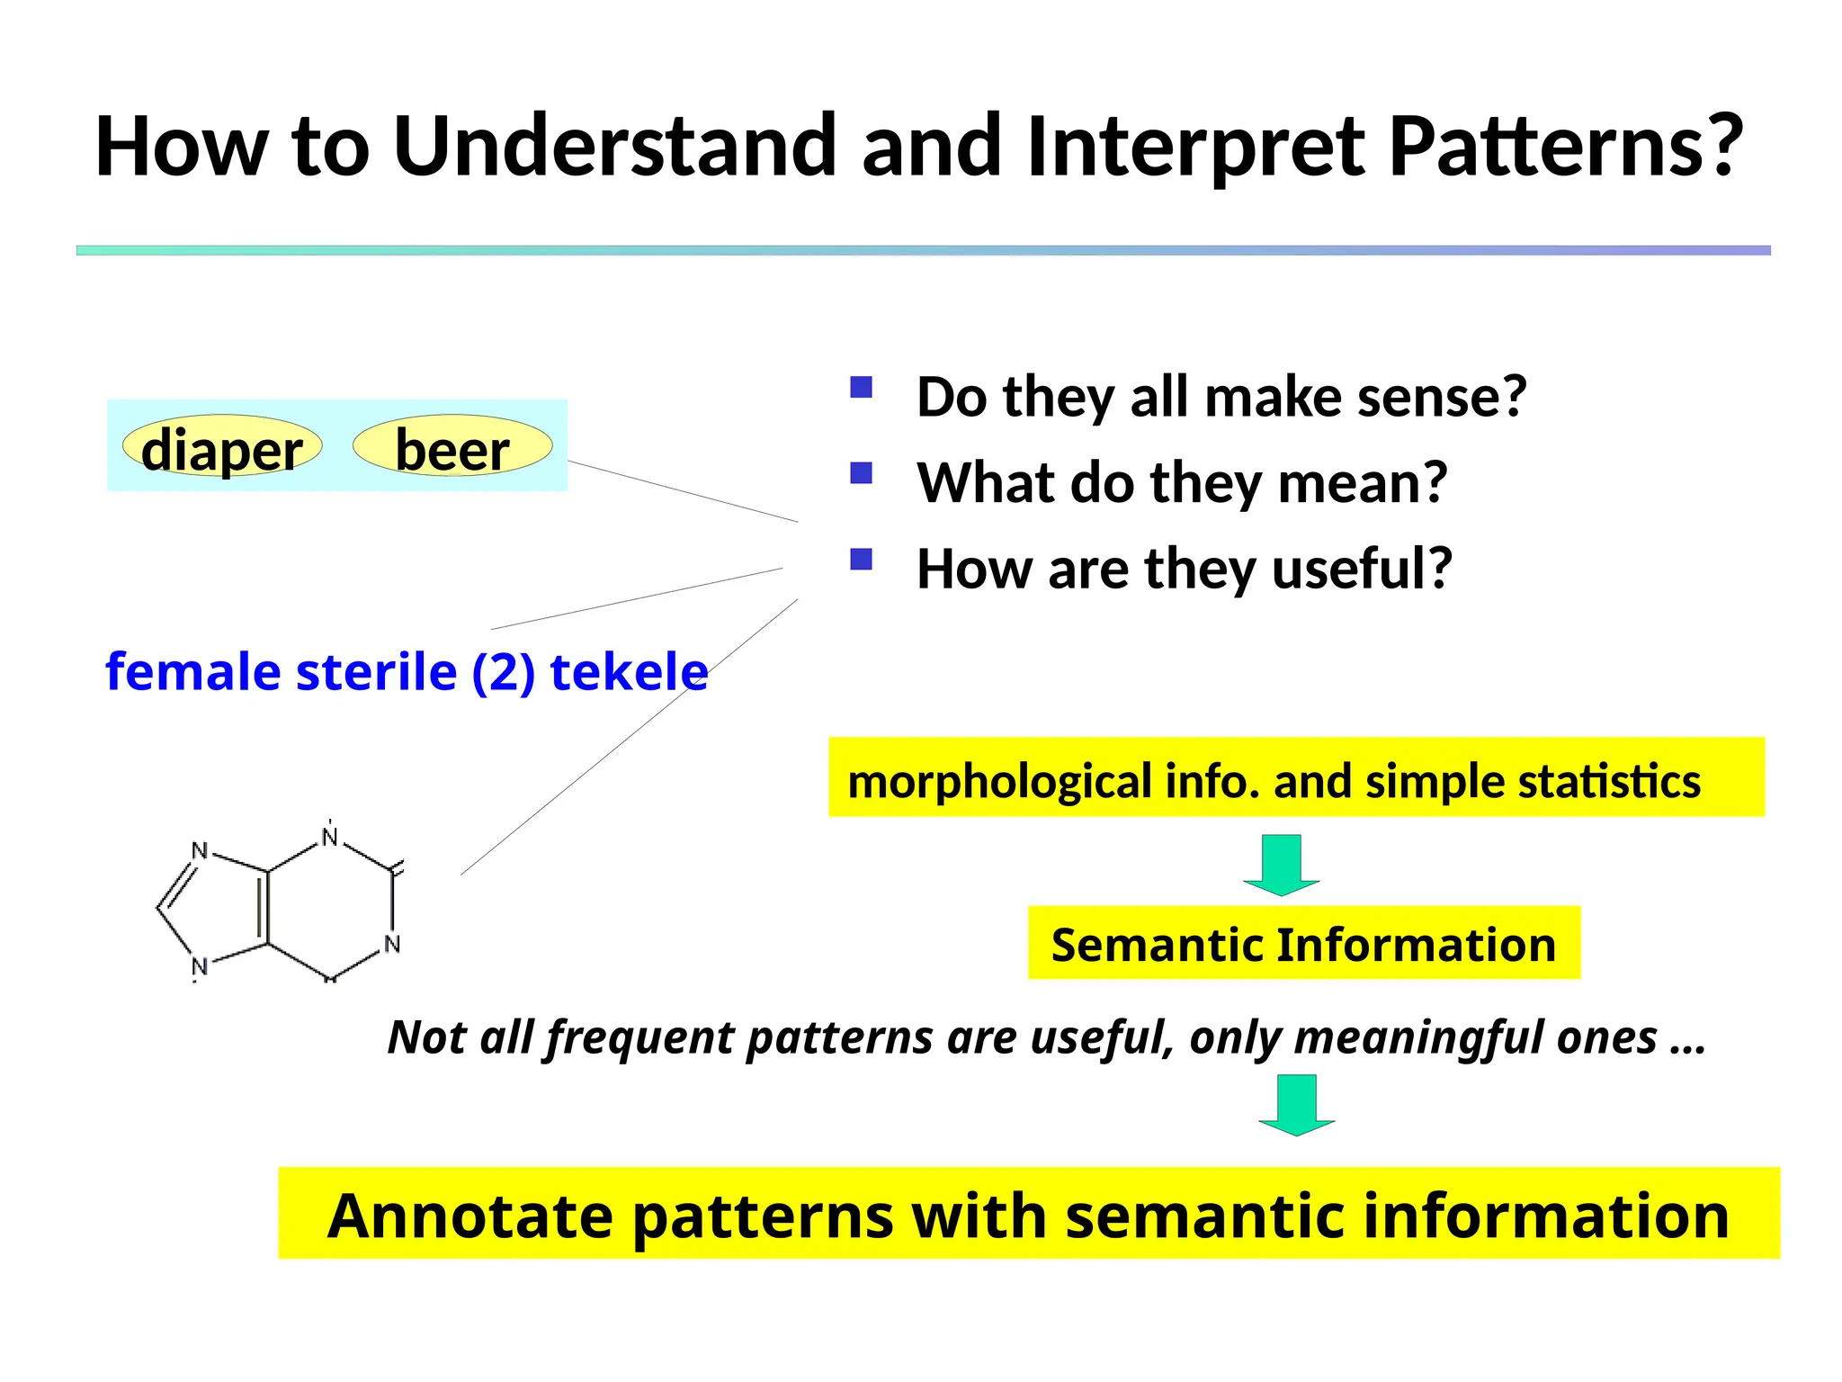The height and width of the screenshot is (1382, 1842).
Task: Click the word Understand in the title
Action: [615, 146]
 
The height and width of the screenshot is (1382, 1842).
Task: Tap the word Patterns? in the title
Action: [1565, 146]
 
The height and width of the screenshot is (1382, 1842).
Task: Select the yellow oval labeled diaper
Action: [221, 447]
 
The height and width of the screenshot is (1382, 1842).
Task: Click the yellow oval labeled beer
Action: [452, 447]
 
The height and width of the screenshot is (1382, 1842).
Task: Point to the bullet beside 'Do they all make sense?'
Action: [861, 388]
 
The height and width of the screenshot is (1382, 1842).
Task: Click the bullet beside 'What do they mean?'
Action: [861, 473]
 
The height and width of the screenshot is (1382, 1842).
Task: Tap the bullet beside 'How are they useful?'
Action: [861, 560]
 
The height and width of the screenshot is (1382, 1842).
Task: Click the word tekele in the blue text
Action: [629, 672]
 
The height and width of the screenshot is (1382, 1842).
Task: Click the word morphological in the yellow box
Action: [999, 781]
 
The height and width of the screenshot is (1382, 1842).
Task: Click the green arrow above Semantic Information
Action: [1281, 864]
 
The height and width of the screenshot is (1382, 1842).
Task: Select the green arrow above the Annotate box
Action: [1296, 1104]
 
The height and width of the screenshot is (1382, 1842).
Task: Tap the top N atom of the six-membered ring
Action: [330, 838]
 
